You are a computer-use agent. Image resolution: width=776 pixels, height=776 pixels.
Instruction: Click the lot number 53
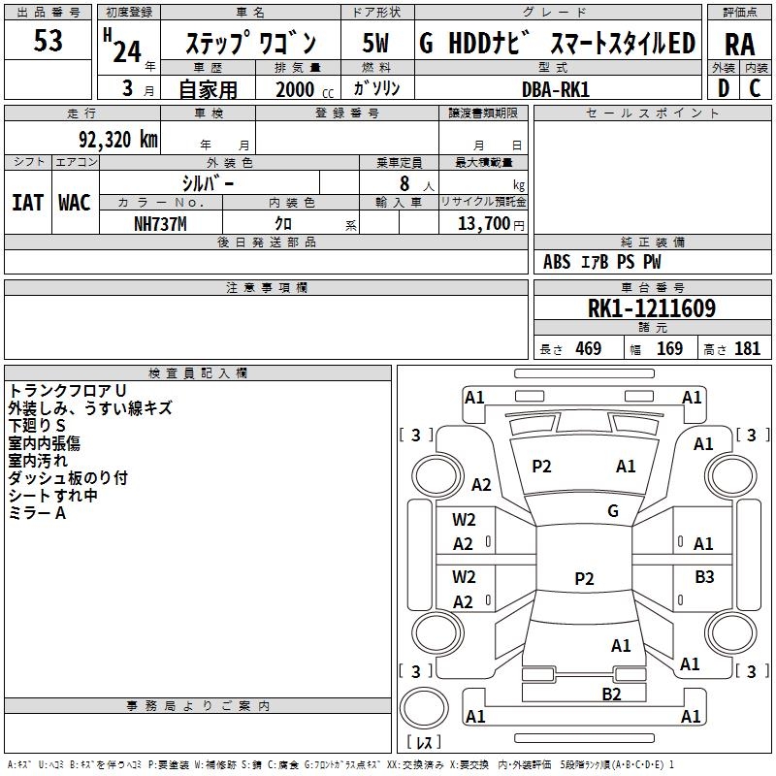(48, 42)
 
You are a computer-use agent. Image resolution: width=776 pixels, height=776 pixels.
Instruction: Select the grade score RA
(739, 44)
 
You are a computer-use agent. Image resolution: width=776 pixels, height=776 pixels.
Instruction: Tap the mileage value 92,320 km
(119, 140)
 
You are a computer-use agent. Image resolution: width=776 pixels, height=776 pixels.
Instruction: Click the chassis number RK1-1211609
(652, 309)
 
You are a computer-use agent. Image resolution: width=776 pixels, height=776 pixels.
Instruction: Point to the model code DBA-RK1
(555, 89)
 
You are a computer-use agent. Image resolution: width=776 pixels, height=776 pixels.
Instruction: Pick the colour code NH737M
(160, 224)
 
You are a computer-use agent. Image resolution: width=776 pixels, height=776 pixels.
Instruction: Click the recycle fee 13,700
(483, 224)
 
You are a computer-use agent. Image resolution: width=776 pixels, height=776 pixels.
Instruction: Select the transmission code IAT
(27, 203)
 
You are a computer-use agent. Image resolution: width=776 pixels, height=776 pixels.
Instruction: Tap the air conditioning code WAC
(75, 203)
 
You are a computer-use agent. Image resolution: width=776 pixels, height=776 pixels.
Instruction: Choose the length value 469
(588, 349)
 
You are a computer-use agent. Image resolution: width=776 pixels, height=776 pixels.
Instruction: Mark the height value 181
(747, 349)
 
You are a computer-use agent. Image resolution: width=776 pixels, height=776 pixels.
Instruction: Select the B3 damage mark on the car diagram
(704, 577)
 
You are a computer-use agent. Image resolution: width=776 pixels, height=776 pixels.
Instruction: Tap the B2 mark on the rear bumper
(611, 694)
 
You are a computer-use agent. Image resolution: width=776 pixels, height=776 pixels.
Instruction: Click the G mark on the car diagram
(613, 511)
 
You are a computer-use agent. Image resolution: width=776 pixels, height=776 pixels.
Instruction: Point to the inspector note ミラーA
(37, 513)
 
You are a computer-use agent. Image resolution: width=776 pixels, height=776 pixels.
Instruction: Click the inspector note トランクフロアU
(67, 390)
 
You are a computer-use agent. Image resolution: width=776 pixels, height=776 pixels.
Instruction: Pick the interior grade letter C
(755, 89)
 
